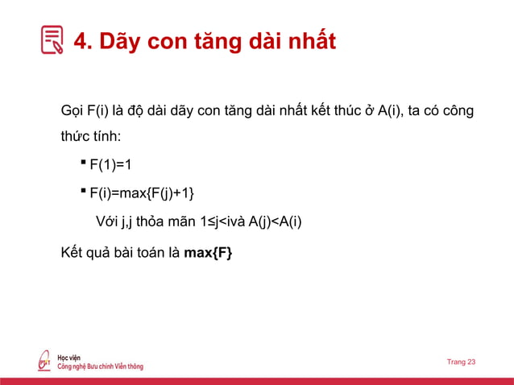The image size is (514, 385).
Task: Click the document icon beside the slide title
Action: (52, 40)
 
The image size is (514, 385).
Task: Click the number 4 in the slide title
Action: (82, 41)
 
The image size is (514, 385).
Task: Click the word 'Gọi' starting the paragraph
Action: (73, 110)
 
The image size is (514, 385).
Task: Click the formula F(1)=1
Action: (110, 165)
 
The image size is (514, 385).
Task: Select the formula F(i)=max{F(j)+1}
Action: (142, 193)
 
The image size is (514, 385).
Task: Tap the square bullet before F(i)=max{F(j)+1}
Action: (83, 191)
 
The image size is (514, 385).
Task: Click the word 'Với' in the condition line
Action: (106, 221)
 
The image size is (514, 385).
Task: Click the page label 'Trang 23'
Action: (461, 362)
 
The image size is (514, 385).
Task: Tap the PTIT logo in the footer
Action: (45, 362)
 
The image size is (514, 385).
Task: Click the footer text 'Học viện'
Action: (68, 357)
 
